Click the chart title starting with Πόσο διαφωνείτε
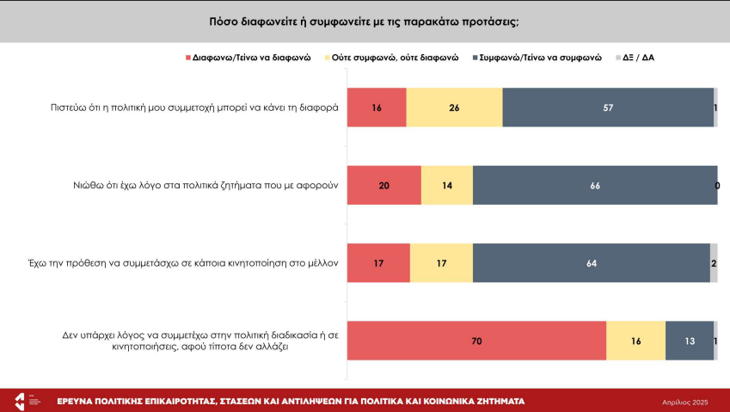[364, 21]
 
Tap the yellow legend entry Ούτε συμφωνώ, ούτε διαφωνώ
[395, 58]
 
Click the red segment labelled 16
[377, 108]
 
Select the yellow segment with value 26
[454, 108]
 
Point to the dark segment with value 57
[608, 108]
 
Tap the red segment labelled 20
[383, 185]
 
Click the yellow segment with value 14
[447, 185]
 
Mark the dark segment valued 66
[595, 185]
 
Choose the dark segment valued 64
[592, 263]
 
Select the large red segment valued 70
[476, 341]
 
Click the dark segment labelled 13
[690, 341]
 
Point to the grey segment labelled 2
[714, 263]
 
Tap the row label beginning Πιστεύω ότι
[194, 108]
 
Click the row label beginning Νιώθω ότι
[206, 185]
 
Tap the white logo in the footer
[20, 401]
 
